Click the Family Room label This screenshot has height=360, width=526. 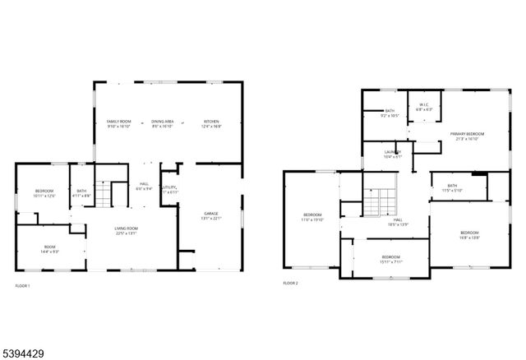(x=119, y=124)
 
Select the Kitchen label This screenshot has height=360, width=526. (x=211, y=124)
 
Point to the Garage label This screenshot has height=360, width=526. (x=212, y=215)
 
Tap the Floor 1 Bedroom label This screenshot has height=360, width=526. (x=44, y=193)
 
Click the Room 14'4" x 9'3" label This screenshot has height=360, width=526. (x=50, y=250)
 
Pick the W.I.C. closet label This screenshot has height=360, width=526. (x=423, y=107)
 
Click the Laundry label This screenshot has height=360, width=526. (x=393, y=154)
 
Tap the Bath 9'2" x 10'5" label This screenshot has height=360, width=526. (x=390, y=113)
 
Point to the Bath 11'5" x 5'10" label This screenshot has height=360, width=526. (x=452, y=188)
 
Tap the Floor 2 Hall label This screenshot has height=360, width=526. (x=397, y=222)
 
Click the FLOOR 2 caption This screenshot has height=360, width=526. (x=290, y=283)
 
